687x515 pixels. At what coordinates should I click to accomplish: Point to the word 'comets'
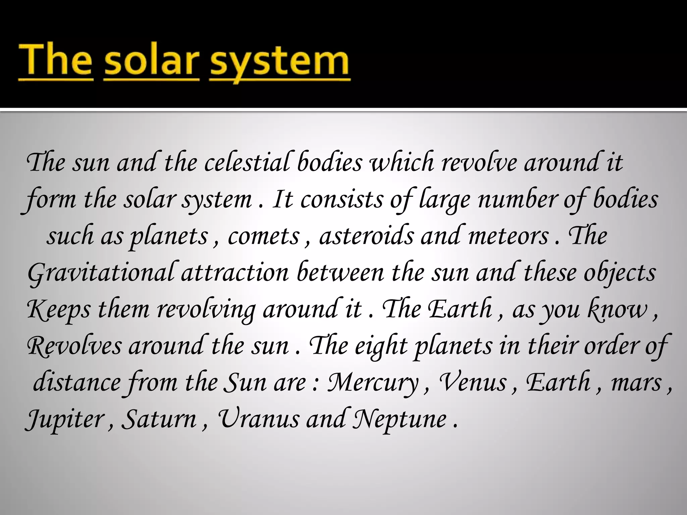tap(263, 236)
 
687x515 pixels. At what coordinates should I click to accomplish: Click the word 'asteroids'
tap(366, 235)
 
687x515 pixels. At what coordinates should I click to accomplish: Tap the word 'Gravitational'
tap(101, 273)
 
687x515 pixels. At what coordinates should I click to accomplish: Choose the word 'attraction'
tap(235, 272)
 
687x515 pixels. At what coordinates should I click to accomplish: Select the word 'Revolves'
tap(74, 346)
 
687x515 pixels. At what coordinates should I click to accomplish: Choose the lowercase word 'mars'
tap(636, 383)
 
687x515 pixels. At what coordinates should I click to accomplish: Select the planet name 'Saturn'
tap(159, 419)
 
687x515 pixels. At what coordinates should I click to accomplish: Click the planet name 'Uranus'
tap(258, 419)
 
